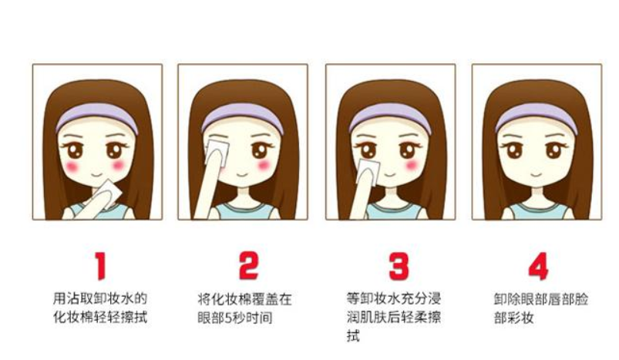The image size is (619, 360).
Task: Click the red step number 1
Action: click(x=101, y=266)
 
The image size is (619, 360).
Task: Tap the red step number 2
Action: click(x=249, y=266)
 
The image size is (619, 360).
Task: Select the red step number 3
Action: click(x=399, y=266)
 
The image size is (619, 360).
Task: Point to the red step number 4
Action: click(x=539, y=266)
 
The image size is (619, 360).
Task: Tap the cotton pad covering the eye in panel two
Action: click(x=217, y=152)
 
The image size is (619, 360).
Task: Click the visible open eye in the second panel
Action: click(x=260, y=150)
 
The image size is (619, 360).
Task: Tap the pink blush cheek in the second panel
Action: click(x=264, y=165)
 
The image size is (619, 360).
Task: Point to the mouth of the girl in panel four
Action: click(x=536, y=174)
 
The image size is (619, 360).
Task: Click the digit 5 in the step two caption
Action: click(x=227, y=318)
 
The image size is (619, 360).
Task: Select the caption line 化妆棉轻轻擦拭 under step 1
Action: click(x=100, y=318)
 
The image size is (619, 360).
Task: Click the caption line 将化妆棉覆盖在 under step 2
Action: click(x=245, y=299)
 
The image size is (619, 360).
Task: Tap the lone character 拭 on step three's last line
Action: click(x=353, y=336)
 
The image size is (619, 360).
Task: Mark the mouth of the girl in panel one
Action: click(x=96, y=174)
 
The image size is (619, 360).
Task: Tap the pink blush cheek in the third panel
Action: click(x=412, y=165)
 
